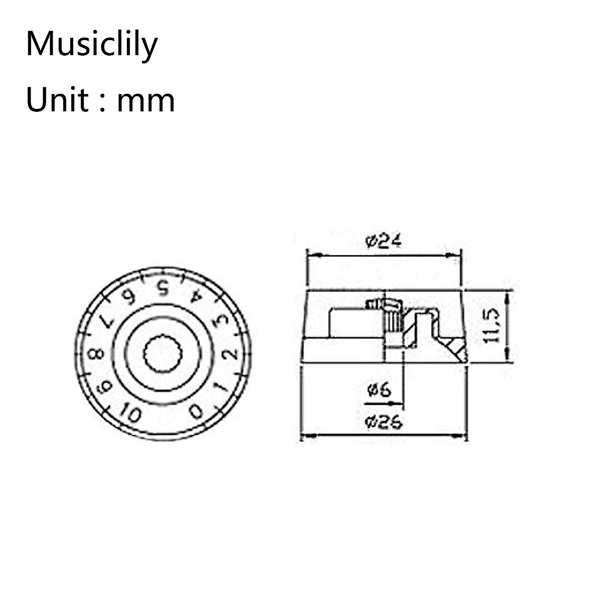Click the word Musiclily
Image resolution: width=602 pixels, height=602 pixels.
tap(92, 45)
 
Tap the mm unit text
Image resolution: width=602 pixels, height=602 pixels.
tap(145, 100)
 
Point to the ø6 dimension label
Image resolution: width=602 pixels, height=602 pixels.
tap(379, 390)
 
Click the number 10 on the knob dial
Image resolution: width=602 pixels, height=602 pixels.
tap(130, 414)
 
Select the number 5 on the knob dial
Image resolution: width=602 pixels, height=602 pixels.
tap(162, 288)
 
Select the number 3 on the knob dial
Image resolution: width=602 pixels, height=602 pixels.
tap(219, 322)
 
